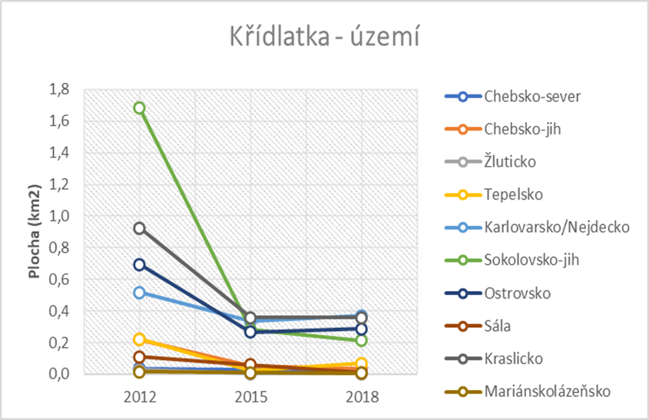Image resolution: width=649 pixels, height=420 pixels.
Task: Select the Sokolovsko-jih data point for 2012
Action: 139,108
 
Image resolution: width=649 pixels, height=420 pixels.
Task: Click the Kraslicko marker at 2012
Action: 139,228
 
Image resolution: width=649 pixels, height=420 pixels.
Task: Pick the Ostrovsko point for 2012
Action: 139,264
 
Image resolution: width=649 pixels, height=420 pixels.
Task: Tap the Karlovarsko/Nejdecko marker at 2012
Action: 139,293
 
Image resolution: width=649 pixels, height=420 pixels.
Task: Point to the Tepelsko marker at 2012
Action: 139,339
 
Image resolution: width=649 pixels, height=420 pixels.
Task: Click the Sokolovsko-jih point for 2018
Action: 362,340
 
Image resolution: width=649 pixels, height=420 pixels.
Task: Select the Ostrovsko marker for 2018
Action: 362,329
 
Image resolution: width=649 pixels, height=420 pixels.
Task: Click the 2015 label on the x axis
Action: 250,397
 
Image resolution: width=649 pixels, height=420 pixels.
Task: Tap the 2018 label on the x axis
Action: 362,397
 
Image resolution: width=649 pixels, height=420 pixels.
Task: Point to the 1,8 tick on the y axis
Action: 58,90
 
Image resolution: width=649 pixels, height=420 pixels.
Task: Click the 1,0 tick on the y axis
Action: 58,217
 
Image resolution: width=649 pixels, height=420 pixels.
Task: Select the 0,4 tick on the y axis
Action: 58,311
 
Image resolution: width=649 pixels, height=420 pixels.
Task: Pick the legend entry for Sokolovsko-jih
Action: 532,260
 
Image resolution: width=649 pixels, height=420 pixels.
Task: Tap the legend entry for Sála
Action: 499,326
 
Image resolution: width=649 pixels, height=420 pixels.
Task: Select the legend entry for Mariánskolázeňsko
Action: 547,391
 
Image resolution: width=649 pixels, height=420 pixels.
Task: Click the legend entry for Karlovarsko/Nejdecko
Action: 547,227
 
